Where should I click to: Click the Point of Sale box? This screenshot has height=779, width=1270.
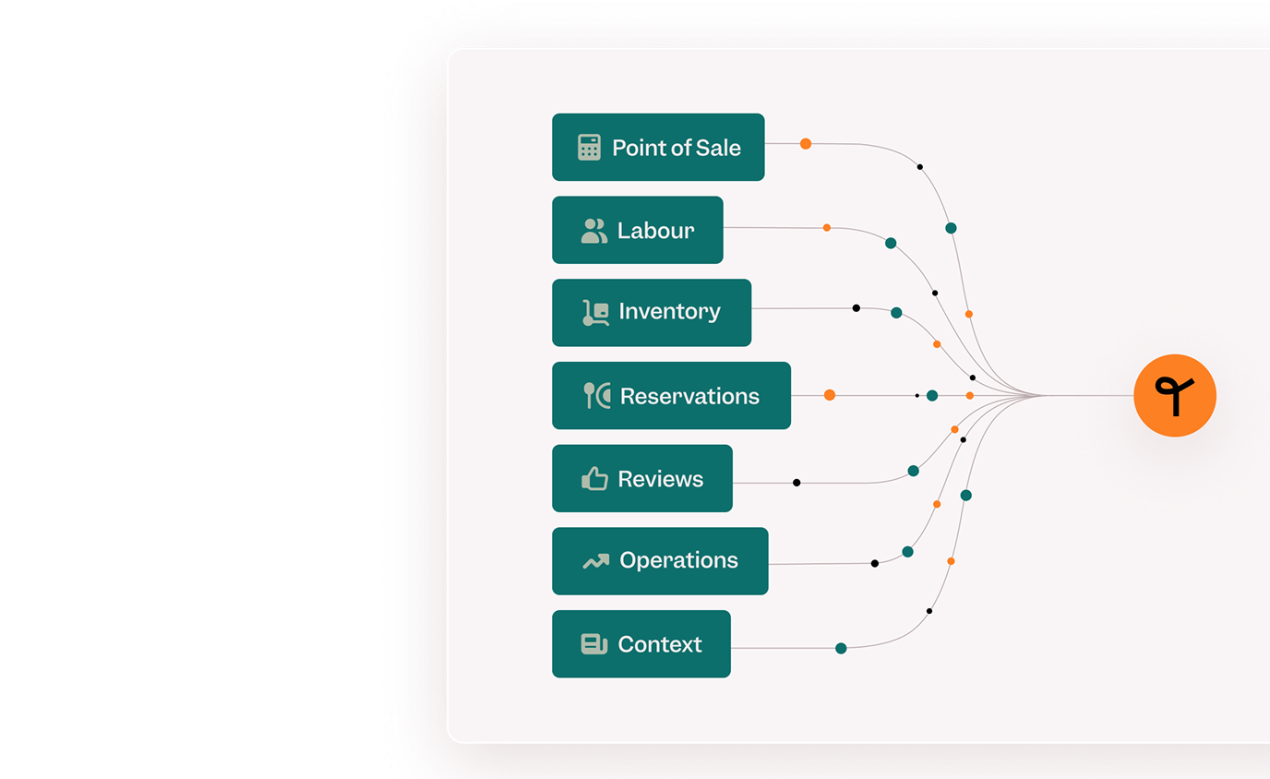tap(658, 148)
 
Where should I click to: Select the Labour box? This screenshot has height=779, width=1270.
tap(638, 230)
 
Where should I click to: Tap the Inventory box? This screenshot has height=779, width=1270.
tap(652, 313)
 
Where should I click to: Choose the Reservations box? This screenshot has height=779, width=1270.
tap(672, 396)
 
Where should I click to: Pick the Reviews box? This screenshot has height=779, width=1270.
tap(642, 478)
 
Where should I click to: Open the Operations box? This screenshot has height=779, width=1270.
tap(661, 561)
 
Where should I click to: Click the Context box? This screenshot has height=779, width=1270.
tap(641, 644)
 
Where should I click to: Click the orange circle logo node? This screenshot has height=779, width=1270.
tap(1175, 396)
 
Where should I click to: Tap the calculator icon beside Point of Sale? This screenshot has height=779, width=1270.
tap(589, 148)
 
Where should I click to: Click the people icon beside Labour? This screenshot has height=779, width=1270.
tap(594, 232)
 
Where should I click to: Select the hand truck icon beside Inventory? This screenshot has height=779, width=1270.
tap(596, 313)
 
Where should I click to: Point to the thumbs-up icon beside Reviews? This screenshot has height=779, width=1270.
tap(594, 478)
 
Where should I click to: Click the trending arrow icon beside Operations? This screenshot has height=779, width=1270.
tap(596, 561)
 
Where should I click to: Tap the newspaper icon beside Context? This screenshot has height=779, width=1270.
tap(594, 644)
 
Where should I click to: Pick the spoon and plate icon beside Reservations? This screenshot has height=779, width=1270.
tap(597, 396)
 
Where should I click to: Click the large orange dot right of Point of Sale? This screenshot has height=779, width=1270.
tap(806, 144)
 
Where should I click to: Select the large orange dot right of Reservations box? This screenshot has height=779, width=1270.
tap(830, 395)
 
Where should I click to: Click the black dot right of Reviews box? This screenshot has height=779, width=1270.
tap(797, 483)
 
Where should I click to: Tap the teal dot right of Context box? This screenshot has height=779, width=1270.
tap(842, 648)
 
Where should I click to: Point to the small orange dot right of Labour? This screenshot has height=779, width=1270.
tap(827, 228)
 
